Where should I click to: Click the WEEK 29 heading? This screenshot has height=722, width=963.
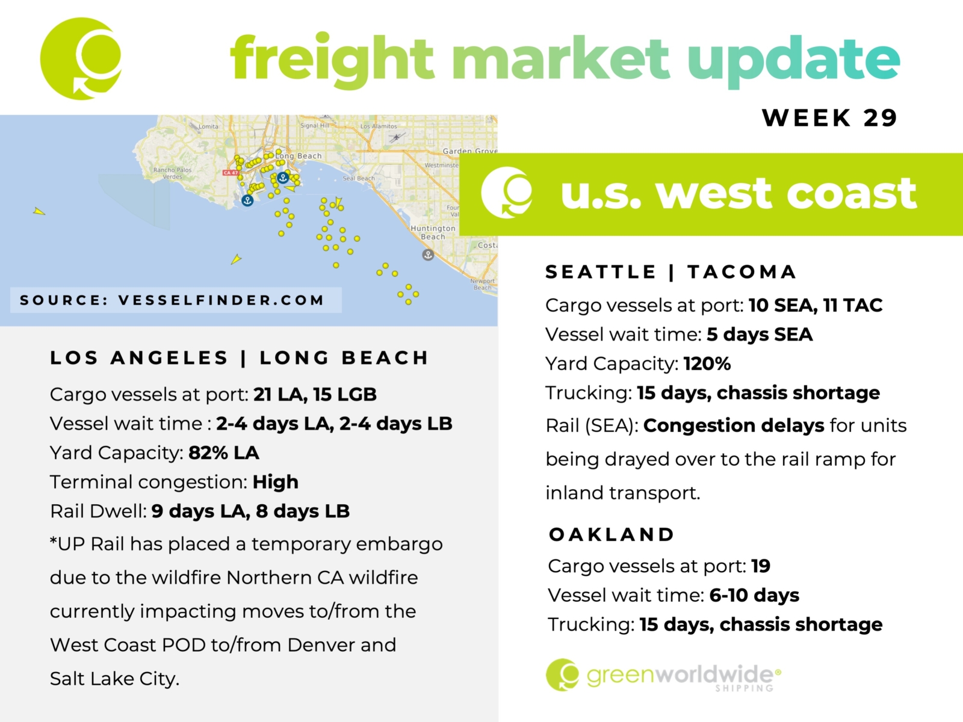[x=829, y=117]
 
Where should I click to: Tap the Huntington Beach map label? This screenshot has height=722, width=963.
[x=433, y=232]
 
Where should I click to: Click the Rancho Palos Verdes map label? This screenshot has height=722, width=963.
[x=172, y=173]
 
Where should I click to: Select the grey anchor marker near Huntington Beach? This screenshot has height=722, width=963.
[x=428, y=255]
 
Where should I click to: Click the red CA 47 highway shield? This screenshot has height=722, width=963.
[x=231, y=173]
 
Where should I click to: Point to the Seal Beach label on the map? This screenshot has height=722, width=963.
[x=359, y=179]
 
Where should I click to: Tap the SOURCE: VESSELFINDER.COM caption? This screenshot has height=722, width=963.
[x=172, y=300]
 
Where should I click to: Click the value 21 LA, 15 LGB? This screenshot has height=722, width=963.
[x=315, y=394]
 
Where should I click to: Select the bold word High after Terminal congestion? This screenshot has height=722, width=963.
[x=276, y=482]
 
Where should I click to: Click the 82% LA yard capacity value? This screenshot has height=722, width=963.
[x=224, y=452]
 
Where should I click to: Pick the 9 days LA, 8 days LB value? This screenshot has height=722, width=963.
[x=250, y=511]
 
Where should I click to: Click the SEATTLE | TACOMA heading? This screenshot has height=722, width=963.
[x=671, y=272]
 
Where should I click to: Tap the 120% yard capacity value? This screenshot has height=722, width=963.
[x=707, y=363]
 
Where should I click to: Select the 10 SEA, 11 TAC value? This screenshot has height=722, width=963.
[x=816, y=305]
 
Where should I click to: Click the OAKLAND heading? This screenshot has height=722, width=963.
[x=612, y=534]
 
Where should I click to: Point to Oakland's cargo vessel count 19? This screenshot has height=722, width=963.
[x=761, y=566]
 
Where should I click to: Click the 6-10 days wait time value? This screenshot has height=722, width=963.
[x=754, y=595]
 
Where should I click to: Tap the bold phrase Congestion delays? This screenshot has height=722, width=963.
[x=734, y=425]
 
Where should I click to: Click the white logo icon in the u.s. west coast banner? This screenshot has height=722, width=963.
[x=507, y=193]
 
